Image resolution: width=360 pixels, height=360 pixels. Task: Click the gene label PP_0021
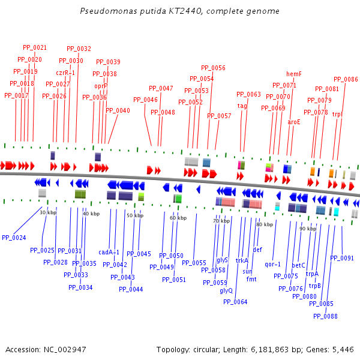(35, 47)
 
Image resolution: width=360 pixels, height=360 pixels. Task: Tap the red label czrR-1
(65, 73)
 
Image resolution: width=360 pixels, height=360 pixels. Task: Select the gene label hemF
(294, 74)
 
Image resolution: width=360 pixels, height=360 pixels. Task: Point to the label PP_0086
(346, 79)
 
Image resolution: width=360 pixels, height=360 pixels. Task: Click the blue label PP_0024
(14, 238)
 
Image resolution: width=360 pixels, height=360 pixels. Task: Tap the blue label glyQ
(226, 290)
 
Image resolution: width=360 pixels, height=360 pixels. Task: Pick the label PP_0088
(326, 316)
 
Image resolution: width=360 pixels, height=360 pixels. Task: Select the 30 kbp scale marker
(48, 212)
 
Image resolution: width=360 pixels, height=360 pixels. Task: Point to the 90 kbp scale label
(308, 229)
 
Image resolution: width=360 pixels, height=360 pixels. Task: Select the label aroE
(294, 122)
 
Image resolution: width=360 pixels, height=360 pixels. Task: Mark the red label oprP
(101, 86)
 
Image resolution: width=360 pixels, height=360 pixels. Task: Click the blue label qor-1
(272, 264)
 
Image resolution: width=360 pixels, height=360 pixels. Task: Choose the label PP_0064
(235, 302)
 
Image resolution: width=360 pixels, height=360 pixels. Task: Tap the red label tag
(242, 106)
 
